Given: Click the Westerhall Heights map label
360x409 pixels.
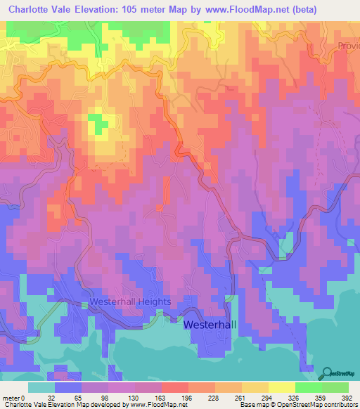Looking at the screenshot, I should [x=130, y=302].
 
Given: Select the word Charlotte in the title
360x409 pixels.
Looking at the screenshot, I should [x=33, y=10].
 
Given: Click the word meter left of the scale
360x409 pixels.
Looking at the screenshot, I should [x=10, y=397].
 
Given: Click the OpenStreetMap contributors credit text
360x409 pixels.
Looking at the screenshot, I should [x=319, y=405].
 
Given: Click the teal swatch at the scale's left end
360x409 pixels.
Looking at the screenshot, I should [x=41, y=387].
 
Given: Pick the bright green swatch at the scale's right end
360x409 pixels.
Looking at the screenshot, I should [x=335, y=387].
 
